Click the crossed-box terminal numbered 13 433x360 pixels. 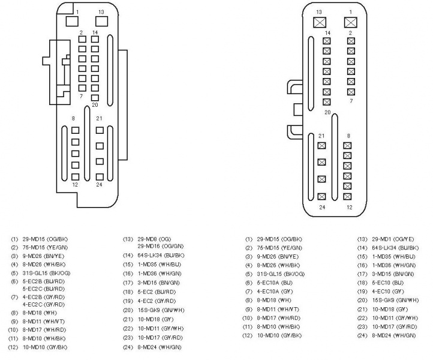click(x=320, y=22)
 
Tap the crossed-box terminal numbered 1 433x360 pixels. click(x=350, y=22)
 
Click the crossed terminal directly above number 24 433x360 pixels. click(x=321, y=197)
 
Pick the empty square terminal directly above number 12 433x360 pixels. click(x=75, y=176)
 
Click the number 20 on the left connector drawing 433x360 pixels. click(x=95, y=104)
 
